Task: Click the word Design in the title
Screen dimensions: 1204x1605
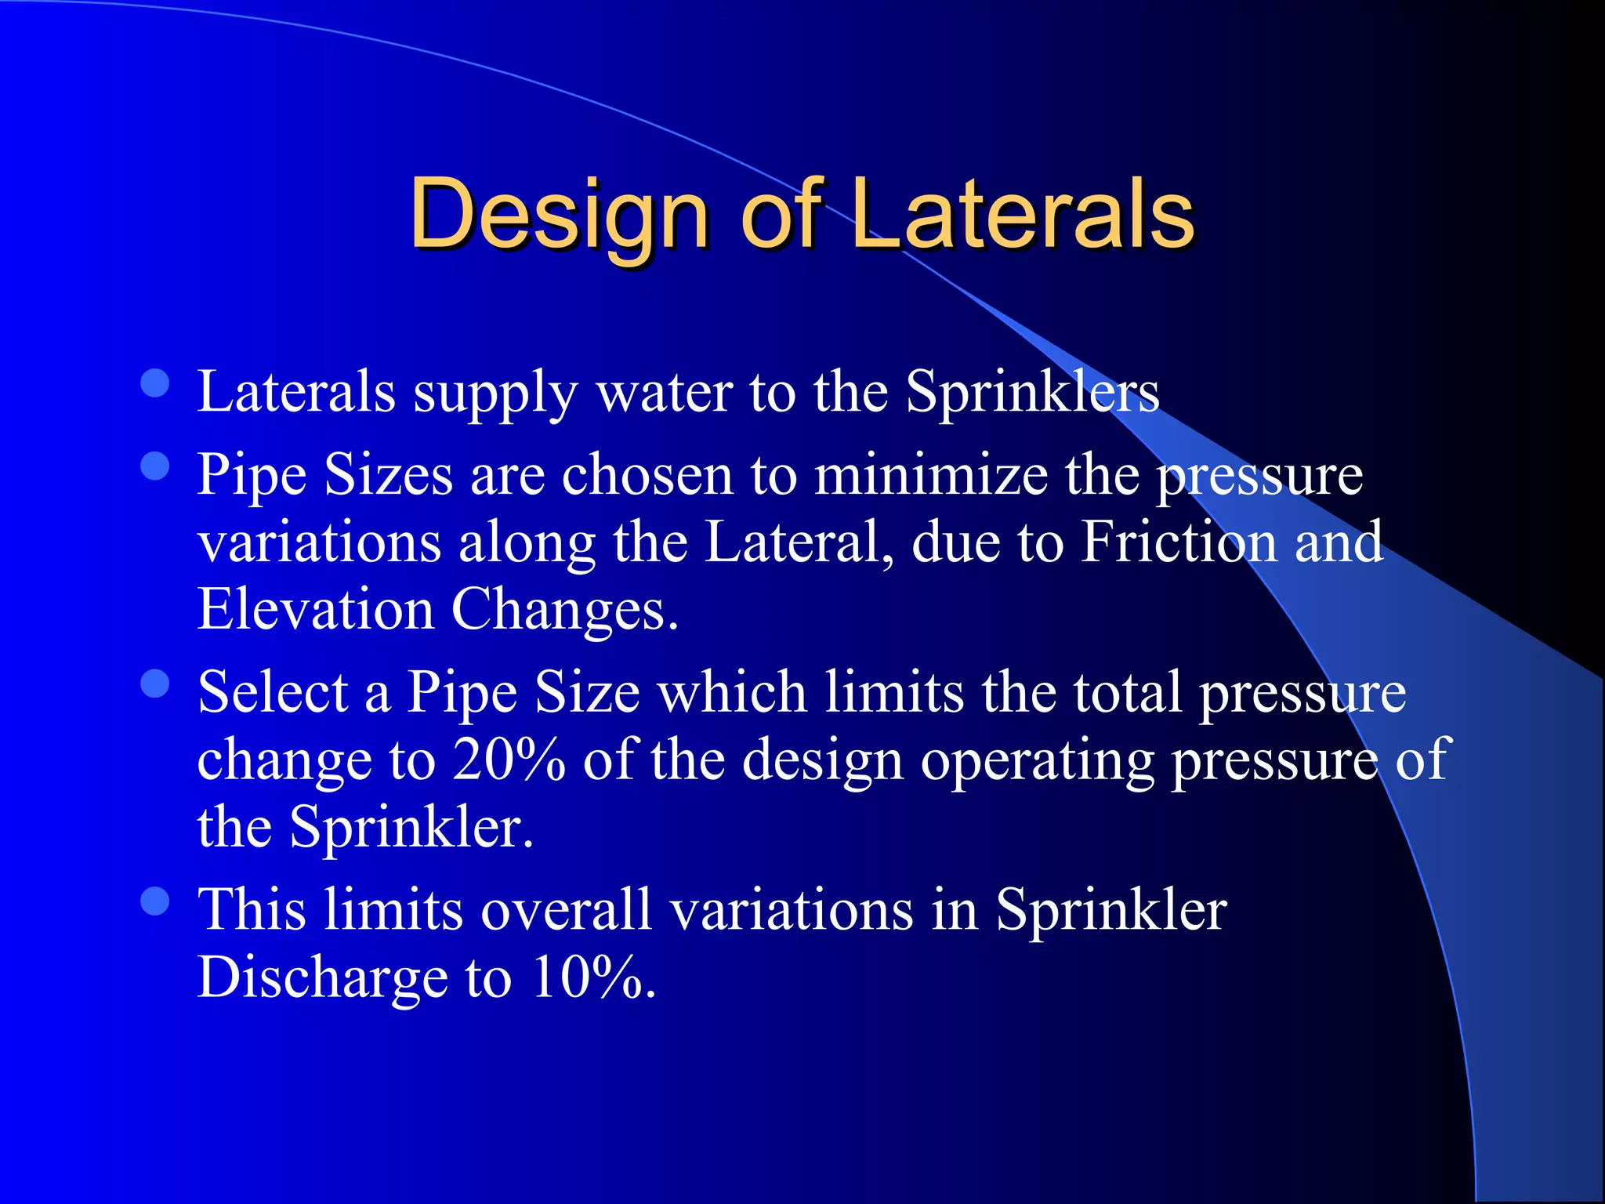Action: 559,214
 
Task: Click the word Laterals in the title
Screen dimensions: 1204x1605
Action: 1023,214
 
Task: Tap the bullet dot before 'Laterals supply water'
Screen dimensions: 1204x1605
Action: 155,384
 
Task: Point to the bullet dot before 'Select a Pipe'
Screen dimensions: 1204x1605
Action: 155,684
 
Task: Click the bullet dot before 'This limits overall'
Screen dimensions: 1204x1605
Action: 155,901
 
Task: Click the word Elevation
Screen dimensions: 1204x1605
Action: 315,609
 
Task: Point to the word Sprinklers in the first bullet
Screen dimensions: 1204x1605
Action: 1032,391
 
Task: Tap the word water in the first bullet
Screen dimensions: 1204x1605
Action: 664,391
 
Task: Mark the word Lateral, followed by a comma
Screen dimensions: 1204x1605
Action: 799,542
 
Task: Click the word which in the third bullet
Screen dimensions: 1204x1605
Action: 733,692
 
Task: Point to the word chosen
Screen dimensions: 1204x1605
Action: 647,474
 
